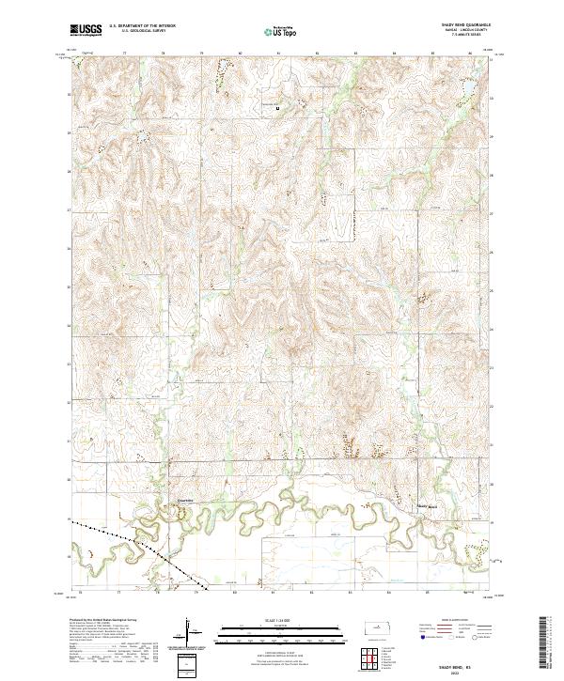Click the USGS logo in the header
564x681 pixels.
click(x=86, y=30)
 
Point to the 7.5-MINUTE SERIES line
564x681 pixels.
click(x=458, y=37)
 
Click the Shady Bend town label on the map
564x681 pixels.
click(x=427, y=507)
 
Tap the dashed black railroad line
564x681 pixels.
click(x=141, y=549)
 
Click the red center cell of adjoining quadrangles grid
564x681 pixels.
click(x=371, y=661)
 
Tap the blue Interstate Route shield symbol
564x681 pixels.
click(x=415, y=637)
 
